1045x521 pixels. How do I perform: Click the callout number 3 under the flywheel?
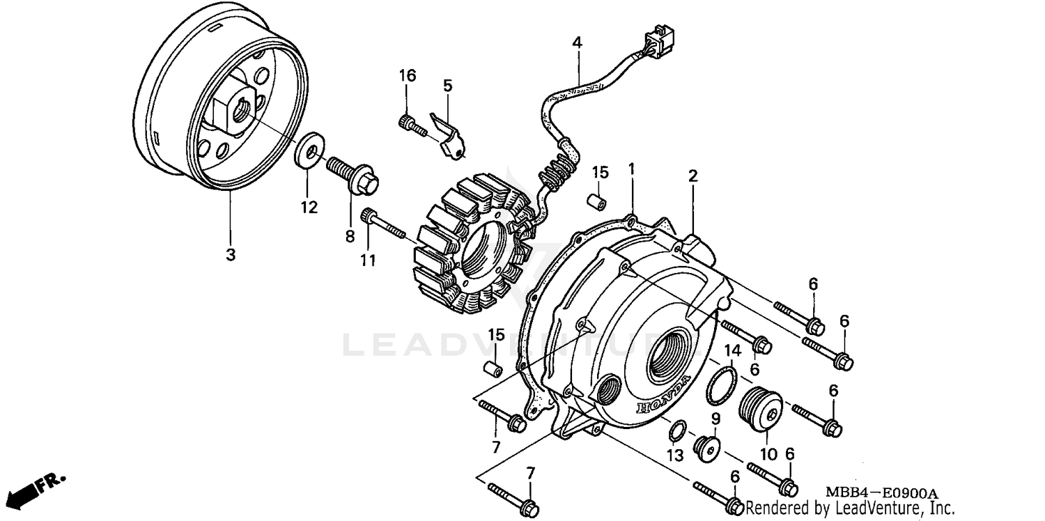(230, 255)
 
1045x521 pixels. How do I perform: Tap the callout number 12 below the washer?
(309, 207)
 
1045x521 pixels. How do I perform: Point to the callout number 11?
(368, 260)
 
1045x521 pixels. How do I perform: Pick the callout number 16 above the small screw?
(408, 75)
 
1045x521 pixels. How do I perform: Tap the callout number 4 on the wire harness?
(577, 42)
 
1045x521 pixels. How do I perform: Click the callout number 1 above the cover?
(631, 169)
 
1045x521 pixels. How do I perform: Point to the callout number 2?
(692, 176)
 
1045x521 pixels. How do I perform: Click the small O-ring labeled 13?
(674, 432)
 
